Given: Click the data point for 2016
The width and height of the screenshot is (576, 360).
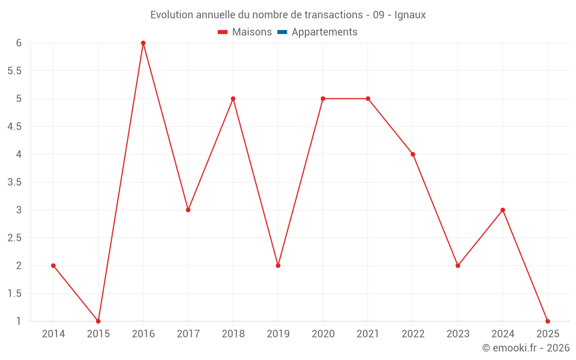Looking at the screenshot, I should point(143,43).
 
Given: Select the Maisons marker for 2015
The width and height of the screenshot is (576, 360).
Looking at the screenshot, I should point(98,321).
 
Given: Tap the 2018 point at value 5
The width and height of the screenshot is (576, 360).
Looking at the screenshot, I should point(233,98).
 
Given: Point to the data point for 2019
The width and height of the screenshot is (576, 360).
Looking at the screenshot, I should point(278,266).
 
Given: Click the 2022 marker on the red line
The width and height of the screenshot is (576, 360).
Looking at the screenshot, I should point(413,154).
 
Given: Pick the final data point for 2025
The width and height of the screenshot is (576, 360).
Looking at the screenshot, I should point(548,321).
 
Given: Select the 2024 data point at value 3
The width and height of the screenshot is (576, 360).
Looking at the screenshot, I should point(503,210).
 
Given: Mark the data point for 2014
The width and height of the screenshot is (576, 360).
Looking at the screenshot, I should point(54,266).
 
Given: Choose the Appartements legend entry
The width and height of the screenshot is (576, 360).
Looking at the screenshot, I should point(324,32).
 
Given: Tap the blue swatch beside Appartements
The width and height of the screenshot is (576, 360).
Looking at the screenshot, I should point(282,32).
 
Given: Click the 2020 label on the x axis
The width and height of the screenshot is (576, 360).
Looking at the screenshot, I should point(323,334).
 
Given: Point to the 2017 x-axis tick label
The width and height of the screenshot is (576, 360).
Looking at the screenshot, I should point(188,334).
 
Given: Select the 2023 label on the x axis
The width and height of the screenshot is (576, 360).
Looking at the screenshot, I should point(458,334).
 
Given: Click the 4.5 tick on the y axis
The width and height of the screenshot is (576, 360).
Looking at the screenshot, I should point(14,127).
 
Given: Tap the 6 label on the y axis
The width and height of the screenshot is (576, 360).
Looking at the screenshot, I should point(19,43).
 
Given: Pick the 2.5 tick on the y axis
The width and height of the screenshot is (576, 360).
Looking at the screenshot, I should point(14,238).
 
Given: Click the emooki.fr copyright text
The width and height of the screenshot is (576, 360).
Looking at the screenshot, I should point(525,348).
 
